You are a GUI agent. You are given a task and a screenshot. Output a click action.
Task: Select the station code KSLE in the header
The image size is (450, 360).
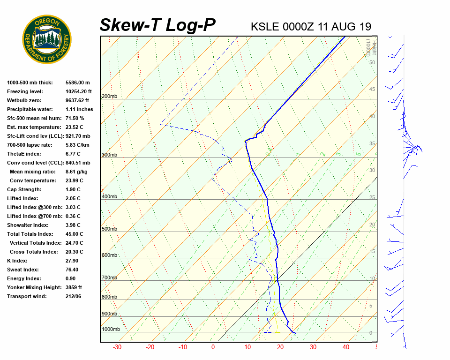(266, 26)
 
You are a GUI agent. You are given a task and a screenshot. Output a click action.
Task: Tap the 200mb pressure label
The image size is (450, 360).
(109, 97)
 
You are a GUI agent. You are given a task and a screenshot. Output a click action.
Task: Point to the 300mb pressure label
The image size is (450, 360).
(109, 155)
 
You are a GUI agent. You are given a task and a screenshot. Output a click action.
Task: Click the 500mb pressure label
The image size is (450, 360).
(109, 229)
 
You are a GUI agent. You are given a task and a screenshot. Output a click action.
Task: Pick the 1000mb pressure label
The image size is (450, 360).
(111, 330)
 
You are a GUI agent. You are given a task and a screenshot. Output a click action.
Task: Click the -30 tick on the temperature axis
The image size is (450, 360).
(117, 347)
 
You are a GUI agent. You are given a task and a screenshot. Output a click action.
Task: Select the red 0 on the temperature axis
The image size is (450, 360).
(213, 347)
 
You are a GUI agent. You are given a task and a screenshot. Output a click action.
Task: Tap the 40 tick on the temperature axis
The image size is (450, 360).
(346, 347)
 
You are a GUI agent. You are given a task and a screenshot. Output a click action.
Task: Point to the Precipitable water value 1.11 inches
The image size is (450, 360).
(79, 109)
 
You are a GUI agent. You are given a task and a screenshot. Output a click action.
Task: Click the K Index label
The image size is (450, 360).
(17, 261)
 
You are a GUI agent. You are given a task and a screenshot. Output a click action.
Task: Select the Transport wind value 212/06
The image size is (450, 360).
(74, 296)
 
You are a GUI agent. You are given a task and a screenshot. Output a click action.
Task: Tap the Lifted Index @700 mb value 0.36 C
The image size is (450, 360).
(73, 216)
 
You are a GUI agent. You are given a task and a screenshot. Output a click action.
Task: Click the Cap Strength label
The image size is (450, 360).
(24, 189)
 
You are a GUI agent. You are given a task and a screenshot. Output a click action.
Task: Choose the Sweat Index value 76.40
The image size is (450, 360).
(72, 270)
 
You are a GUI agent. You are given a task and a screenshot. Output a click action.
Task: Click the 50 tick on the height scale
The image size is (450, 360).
(372, 62)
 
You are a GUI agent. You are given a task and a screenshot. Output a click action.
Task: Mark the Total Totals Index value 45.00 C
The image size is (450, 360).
(75, 234)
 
